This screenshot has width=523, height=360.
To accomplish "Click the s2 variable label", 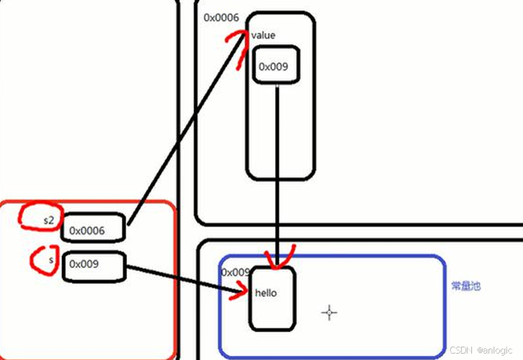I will tap(49, 220).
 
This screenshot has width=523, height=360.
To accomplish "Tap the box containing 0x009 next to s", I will tap(93, 264).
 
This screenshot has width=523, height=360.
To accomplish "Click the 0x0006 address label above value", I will tap(221, 17).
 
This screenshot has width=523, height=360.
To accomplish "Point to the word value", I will tap(263, 35).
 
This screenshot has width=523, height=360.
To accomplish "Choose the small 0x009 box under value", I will tap(276, 66).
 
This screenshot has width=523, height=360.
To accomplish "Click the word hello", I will tap(266, 294).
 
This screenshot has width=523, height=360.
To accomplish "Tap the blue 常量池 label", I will tap(466, 287).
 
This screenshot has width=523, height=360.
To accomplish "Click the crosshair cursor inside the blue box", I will tap(330, 312).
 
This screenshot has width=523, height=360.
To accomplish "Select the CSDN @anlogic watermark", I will tap(481, 350).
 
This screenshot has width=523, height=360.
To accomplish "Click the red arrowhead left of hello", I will tap(240, 294).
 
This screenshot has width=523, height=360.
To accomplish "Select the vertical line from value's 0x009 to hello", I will tap(277, 172).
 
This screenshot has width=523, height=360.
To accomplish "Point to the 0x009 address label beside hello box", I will tap(234, 273).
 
